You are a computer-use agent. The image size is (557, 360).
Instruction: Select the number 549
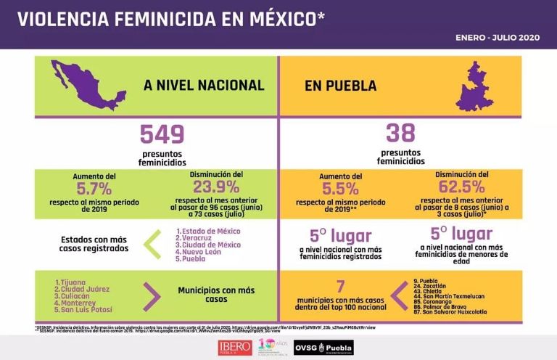click(162, 134)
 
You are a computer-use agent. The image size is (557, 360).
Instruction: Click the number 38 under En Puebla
click(400, 134)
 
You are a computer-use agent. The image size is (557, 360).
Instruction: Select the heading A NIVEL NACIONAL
click(204, 86)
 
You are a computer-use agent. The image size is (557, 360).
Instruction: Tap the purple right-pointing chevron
click(152, 294)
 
